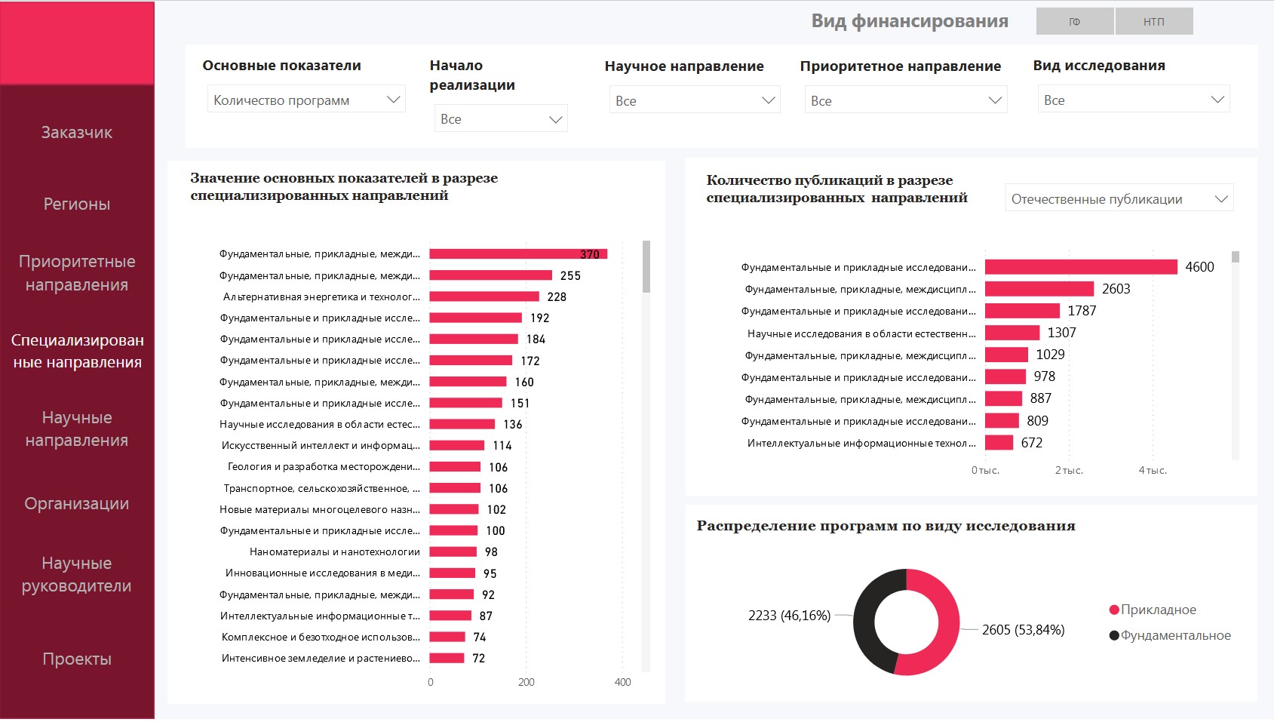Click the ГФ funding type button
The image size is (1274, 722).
pyautogui.click(x=1075, y=22)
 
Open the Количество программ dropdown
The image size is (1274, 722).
pyautogui.click(x=306, y=100)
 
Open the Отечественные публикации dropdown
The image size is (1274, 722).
pyautogui.click(x=1119, y=199)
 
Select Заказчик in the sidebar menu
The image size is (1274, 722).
pyautogui.click(x=77, y=133)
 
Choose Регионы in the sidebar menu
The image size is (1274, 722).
pyautogui.click(x=77, y=204)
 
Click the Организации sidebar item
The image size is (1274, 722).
pyautogui.click(x=77, y=504)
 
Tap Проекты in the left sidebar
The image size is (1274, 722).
pyautogui.click(x=77, y=659)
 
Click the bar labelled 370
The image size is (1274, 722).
pyautogui.click(x=517, y=254)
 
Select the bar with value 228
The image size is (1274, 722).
pyautogui.click(x=484, y=296)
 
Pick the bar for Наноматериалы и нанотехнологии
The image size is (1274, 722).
pyautogui.click(x=453, y=552)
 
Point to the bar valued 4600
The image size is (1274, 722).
pyautogui.click(x=1080, y=267)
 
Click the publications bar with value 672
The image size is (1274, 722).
pyautogui.click(x=999, y=443)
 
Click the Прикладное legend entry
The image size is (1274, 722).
pyautogui.click(x=1158, y=610)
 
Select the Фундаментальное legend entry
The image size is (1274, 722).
pyautogui.click(x=1174, y=635)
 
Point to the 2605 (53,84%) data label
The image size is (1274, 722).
pyautogui.click(x=1023, y=630)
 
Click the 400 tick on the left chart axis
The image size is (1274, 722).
pyautogui.click(x=622, y=682)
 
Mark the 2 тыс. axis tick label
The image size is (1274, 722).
pyautogui.click(x=1069, y=470)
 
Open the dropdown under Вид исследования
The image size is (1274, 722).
pyautogui.click(x=1133, y=100)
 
